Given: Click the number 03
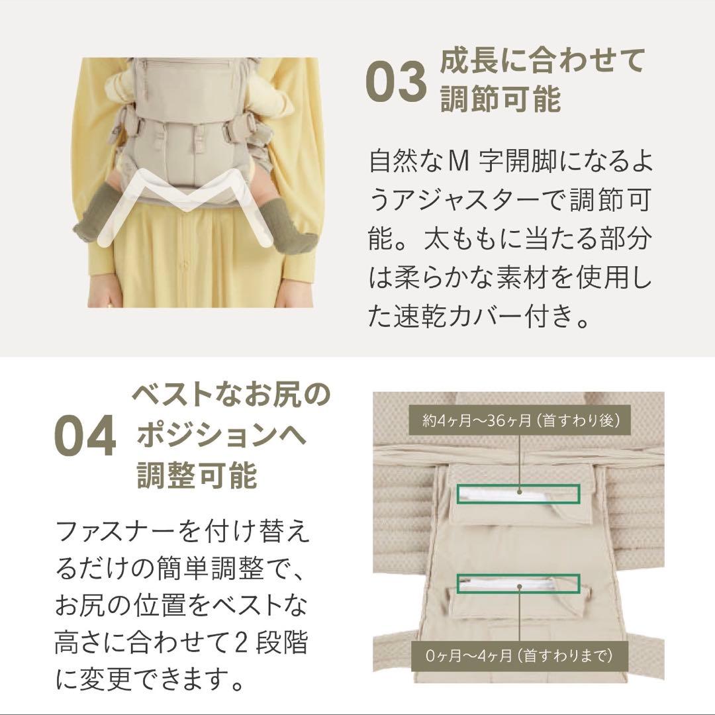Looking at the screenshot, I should tap(395, 81).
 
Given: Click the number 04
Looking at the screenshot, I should tap(85, 436).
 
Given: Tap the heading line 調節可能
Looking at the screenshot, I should tap(501, 99).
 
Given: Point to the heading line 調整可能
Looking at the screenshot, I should tap(197, 475).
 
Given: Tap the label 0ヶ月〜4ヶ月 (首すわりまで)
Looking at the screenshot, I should tap(518, 655).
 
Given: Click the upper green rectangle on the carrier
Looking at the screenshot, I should tap(518, 493).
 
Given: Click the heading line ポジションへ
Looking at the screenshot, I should tap(221, 436).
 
